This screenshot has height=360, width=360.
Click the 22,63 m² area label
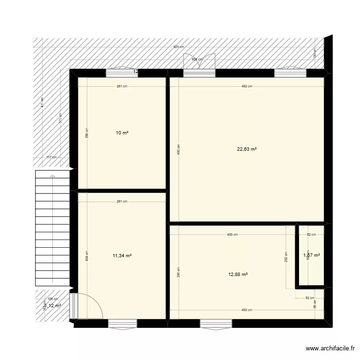(x=247, y=149)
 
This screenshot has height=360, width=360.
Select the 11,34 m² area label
(x=122, y=256)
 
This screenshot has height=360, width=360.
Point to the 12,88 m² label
(x=238, y=275)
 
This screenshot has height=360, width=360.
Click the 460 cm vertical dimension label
(x=178, y=149)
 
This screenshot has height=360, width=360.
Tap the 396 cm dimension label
(x=87, y=132)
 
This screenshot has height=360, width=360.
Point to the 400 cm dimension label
(x=232, y=235)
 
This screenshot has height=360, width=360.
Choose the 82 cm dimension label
(x=311, y=235)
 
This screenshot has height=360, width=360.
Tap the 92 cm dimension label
(x=310, y=298)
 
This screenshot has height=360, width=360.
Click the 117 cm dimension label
(x=52, y=157)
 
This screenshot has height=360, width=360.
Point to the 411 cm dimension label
(x=42, y=102)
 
